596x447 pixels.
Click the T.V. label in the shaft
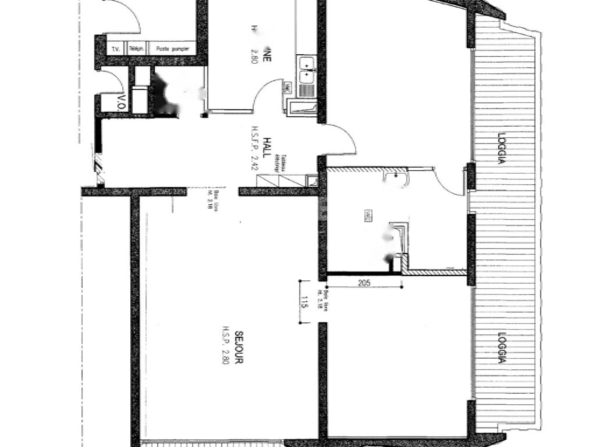115,49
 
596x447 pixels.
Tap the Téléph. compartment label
136,49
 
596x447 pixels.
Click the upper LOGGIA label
501,149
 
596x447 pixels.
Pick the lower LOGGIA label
501,348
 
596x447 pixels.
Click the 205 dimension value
364,283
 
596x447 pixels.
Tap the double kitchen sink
306,69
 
